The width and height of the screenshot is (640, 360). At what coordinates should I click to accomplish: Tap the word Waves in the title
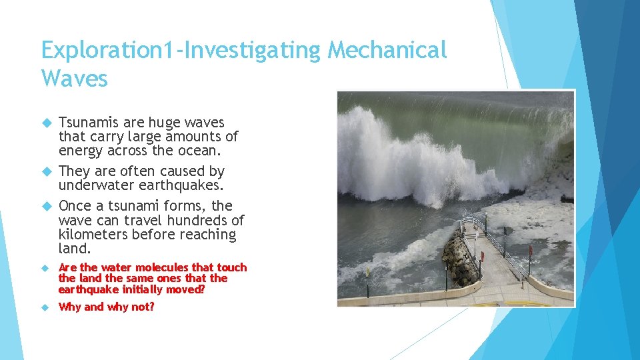(x=74, y=79)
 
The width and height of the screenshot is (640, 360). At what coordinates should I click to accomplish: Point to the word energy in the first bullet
(x=79, y=151)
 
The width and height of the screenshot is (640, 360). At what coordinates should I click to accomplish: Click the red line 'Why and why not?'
(x=106, y=307)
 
